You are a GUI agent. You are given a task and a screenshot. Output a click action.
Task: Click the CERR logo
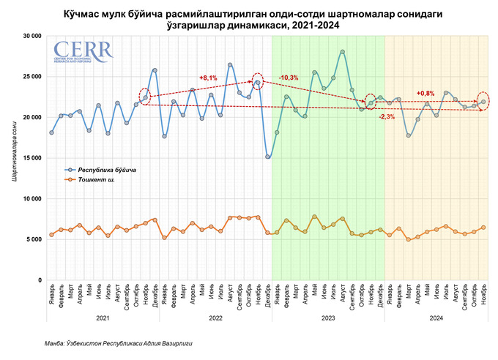click(x=81, y=52)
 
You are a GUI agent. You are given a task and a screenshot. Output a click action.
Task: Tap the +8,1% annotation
click(x=208, y=78)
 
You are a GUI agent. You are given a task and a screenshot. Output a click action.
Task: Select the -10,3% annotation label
click(x=289, y=78)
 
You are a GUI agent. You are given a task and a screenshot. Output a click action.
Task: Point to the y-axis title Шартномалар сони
click(x=13, y=157)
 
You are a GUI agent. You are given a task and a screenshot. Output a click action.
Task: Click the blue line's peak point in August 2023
click(x=343, y=52)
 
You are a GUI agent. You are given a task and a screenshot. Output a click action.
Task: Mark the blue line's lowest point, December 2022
click(x=268, y=157)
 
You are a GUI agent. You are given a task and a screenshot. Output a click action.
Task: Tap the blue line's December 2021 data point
click(x=155, y=70)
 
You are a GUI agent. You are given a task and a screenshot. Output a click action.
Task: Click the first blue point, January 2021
click(x=51, y=132)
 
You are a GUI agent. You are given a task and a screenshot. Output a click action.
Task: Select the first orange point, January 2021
click(x=51, y=234)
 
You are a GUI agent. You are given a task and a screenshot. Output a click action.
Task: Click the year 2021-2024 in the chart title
click(x=318, y=25)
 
